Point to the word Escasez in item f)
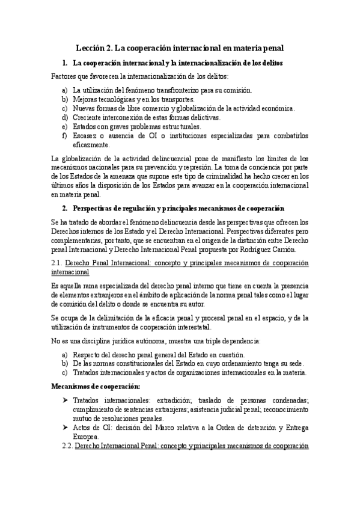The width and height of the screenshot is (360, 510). tap(86, 135)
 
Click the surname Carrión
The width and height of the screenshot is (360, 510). tap(281, 250)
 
